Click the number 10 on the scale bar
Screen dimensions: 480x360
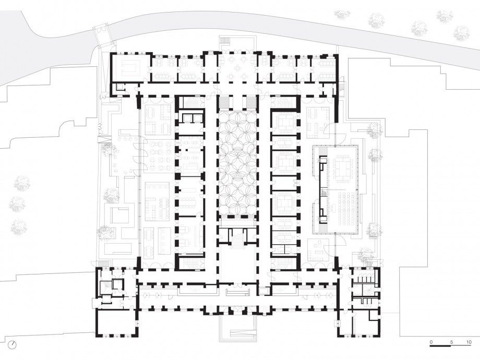coord(469,342)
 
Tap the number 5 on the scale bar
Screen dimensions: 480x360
coord(451,342)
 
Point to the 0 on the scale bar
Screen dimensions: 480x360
coord(431,342)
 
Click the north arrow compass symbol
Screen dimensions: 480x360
coord(13,344)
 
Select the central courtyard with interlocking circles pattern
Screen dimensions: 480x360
coord(237,163)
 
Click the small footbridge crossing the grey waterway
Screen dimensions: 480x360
coord(102,34)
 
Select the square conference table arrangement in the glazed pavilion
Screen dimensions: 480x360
coord(343,167)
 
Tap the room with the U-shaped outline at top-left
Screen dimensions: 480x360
coord(131,68)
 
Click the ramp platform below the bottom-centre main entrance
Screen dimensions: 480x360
coord(237,330)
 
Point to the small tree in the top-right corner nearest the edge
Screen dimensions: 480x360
coord(461,33)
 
